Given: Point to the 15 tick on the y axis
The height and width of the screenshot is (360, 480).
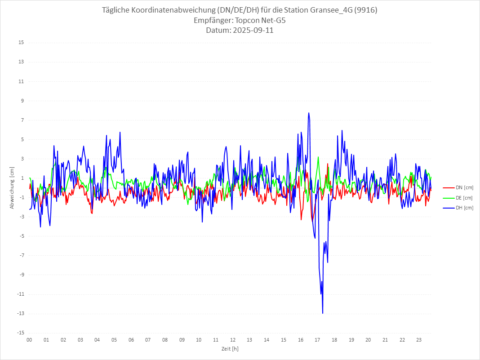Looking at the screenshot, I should [21, 43].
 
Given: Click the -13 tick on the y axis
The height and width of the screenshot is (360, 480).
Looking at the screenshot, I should [20, 314].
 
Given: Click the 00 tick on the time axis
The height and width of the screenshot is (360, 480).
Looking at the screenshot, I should [29, 340].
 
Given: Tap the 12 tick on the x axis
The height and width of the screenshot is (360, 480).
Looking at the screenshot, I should [233, 340].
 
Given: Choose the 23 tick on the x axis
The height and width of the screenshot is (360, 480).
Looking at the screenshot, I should [419, 340].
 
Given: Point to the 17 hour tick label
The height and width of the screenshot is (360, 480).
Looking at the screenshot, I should [317, 340].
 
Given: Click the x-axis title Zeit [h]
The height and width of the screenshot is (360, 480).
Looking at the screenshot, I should [230, 349].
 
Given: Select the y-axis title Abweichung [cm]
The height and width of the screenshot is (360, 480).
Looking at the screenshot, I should [12, 188].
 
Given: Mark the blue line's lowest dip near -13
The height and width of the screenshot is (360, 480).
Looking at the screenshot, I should [323, 313].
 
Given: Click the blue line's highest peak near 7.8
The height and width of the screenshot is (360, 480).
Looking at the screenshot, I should [309, 113].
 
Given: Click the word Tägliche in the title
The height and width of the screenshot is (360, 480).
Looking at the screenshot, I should [117, 10].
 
